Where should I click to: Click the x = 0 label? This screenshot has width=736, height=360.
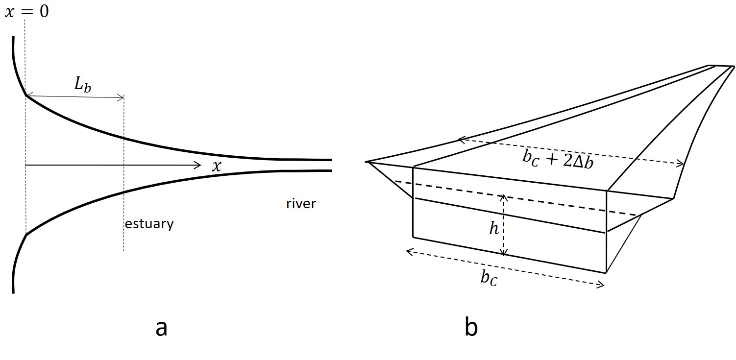tap(27, 11)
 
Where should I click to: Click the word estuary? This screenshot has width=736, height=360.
tap(149, 224)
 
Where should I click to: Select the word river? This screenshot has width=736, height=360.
tap(301, 203)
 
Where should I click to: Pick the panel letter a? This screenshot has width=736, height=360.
tap(161, 328)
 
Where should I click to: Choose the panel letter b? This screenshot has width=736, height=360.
tap(471, 328)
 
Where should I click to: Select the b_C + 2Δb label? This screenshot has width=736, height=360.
tap(557, 159)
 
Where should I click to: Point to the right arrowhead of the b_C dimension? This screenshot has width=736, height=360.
tap(602, 286)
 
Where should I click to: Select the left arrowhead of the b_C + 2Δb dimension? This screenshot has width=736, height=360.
tap(460, 140)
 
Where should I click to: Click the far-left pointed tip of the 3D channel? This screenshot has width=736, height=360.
tap(367, 161)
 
